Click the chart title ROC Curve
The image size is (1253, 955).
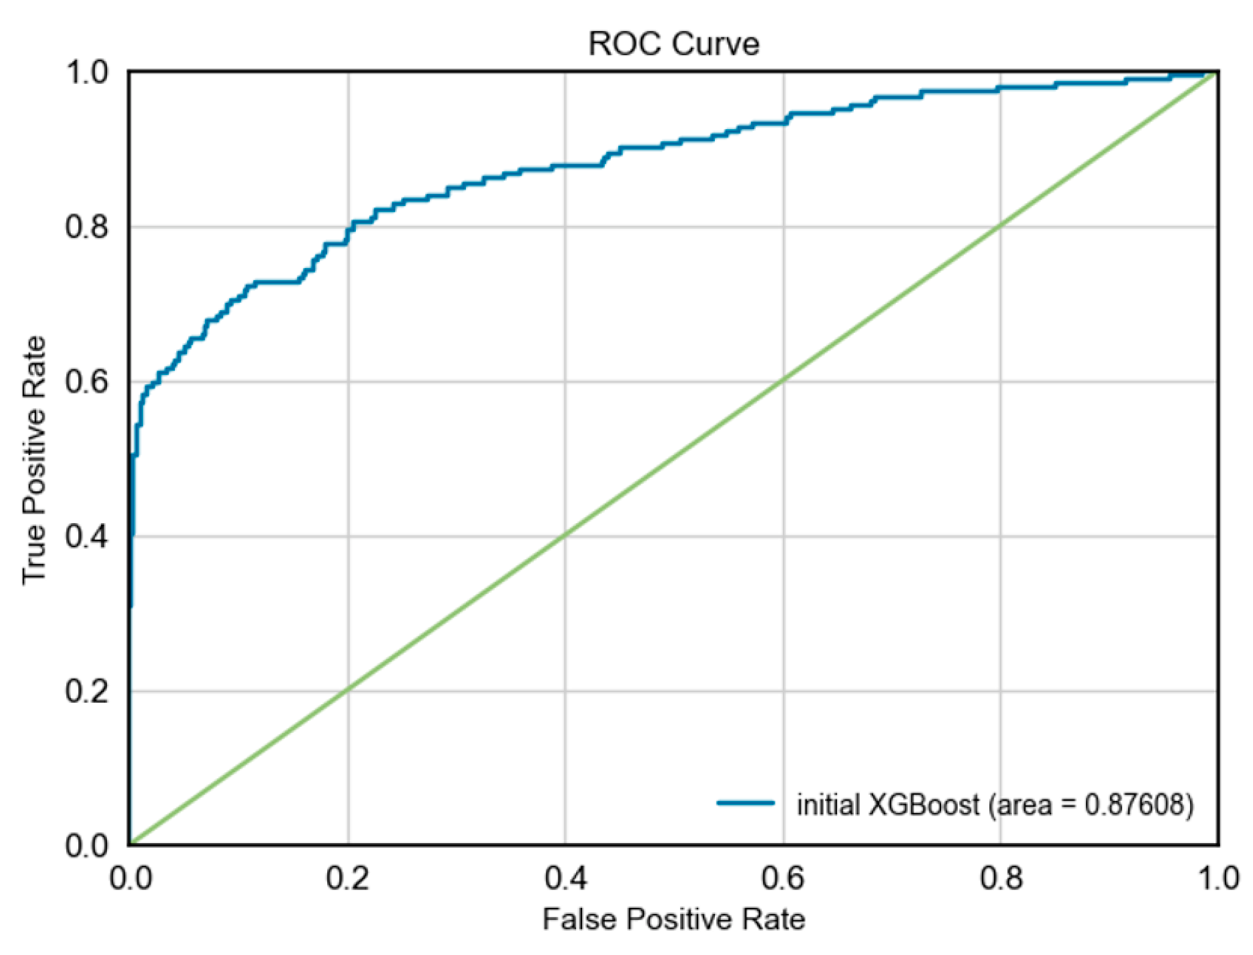(x=673, y=44)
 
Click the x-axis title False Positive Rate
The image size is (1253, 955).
(x=673, y=919)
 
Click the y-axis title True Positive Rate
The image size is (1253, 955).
(x=34, y=460)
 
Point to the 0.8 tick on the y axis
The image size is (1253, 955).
(x=86, y=227)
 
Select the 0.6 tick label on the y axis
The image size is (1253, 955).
(x=86, y=382)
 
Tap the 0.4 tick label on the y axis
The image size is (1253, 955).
(x=86, y=537)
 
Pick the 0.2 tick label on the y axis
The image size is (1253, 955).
(x=86, y=691)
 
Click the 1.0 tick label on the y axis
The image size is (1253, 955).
(x=86, y=72)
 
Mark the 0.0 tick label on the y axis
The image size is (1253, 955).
(x=86, y=845)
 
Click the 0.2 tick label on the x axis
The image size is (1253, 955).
(x=347, y=879)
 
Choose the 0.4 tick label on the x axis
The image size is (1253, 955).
(x=566, y=879)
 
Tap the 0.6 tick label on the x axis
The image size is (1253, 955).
(x=783, y=879)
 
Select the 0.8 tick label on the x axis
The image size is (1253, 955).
(x=1001, y=879)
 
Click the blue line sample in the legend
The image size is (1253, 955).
(x=745, y=803)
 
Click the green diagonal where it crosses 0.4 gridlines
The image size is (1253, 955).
(x=565, y=536)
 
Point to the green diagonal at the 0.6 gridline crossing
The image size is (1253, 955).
(x=783, y=381)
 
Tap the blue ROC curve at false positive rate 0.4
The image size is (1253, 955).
(x=565, y=165)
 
